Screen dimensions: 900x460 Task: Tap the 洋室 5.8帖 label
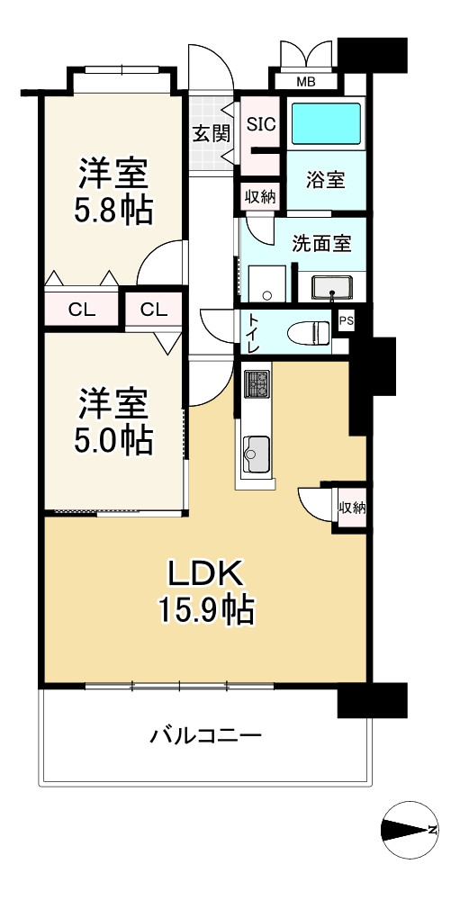pyautogui.click(x=113, y=190)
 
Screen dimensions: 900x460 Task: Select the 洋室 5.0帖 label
pyautogui.click(x=113, y=420)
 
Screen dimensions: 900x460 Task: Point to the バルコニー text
pyautogui.click(x=205, y=735)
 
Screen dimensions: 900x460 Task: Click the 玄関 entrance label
pyautogui.click(x=211, y=132)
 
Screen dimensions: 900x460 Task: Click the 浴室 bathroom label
pyautogui.click(x=325, y=179)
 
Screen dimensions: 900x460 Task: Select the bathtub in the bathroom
pyautogui.click(x=327, y=123)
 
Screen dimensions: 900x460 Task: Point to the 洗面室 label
pyautogui.click(x=320, y=242)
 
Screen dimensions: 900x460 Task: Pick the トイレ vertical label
pyautogui.click(x=253, y=333)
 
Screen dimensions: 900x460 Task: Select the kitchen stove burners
pyautogui.click(x=257, y=384)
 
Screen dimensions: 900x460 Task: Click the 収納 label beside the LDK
pyautogui.click(x=352, y=508)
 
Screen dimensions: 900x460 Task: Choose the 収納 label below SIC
pyautogui.click(x=261, y=195)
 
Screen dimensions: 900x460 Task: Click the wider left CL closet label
pyautogui.click(x=82, y=310)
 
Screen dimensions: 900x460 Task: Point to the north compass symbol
pyautogui.click(x=410, y=829)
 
